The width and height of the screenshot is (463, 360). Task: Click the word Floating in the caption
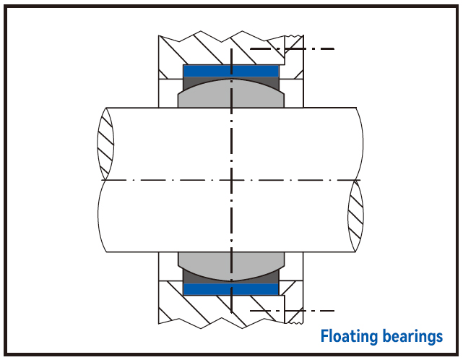click(345, 337)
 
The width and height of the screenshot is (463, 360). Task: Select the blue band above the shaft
click(231, 71)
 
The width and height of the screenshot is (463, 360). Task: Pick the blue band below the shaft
click(231, 289)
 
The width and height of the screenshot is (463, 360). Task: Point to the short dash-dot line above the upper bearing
click(292, 49)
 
